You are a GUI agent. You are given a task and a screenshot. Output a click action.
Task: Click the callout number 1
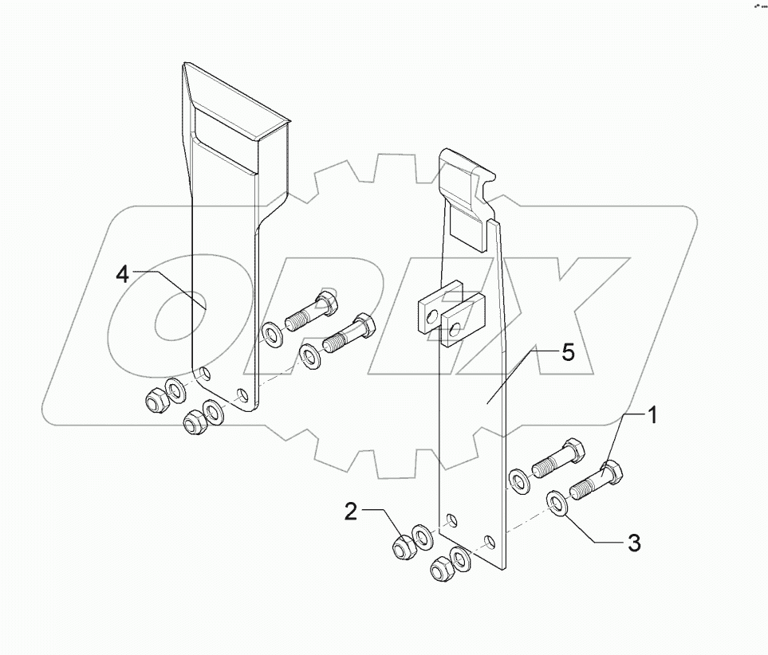(652, 416)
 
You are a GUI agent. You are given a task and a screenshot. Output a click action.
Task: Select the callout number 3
(633, 544)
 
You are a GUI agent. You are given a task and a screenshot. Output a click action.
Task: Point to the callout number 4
(122, 275)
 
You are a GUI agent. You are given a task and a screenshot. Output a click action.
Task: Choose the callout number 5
(567, 353)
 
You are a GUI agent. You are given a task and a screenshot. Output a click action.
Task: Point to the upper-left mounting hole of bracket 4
(205, 372)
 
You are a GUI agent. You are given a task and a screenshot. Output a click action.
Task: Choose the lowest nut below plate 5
(442, 570)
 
